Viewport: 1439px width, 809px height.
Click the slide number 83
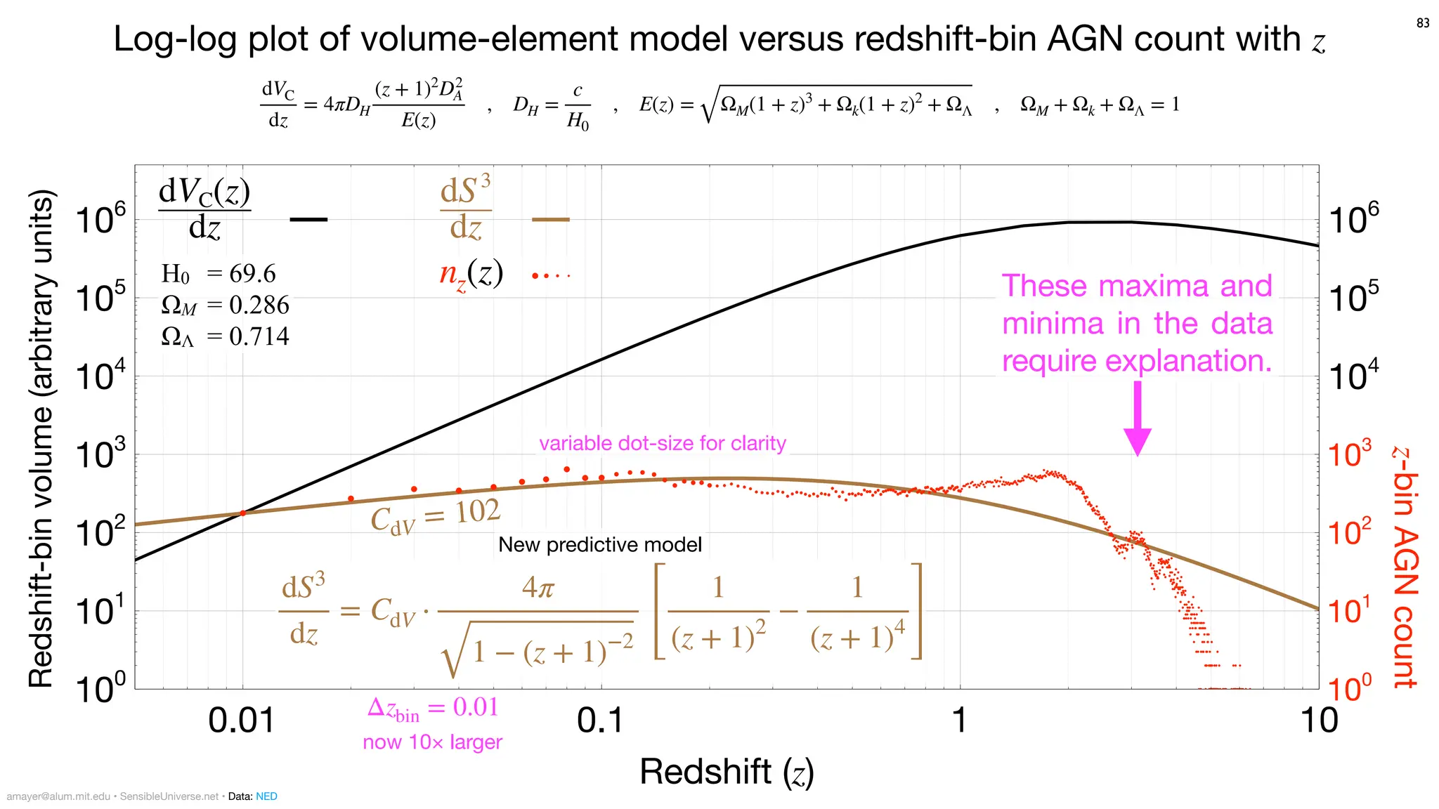(1423, 23)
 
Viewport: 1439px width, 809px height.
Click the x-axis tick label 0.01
(242, 721)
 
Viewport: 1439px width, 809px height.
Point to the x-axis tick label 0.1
(600, 721)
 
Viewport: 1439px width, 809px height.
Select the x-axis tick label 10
(1319, 721)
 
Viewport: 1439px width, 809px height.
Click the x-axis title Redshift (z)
(727, 772)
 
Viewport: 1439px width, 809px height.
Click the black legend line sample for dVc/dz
(308, 220)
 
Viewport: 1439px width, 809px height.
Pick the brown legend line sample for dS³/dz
(550, 220)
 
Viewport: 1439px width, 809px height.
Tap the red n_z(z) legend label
(471, 274)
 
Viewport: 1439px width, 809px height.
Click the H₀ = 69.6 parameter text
(219, 274)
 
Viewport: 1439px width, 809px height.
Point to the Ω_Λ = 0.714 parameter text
(225, 336)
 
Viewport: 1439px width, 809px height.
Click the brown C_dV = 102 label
(435, 517)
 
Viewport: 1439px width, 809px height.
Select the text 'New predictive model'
(599, 545)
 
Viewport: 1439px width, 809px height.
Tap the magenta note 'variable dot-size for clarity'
(662, 443)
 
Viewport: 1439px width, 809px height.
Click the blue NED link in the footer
(266, 796)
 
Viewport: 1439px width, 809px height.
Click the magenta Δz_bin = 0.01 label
(433, 708)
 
